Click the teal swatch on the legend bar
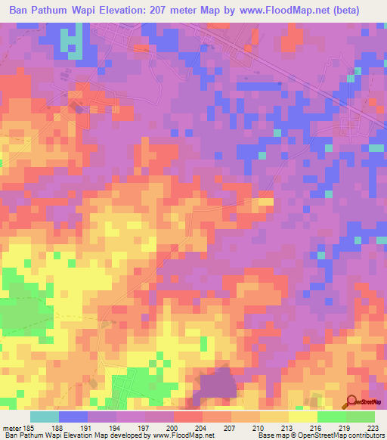click(45, 417)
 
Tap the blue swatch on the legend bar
click(73, 417)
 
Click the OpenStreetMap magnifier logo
click(351, 401)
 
